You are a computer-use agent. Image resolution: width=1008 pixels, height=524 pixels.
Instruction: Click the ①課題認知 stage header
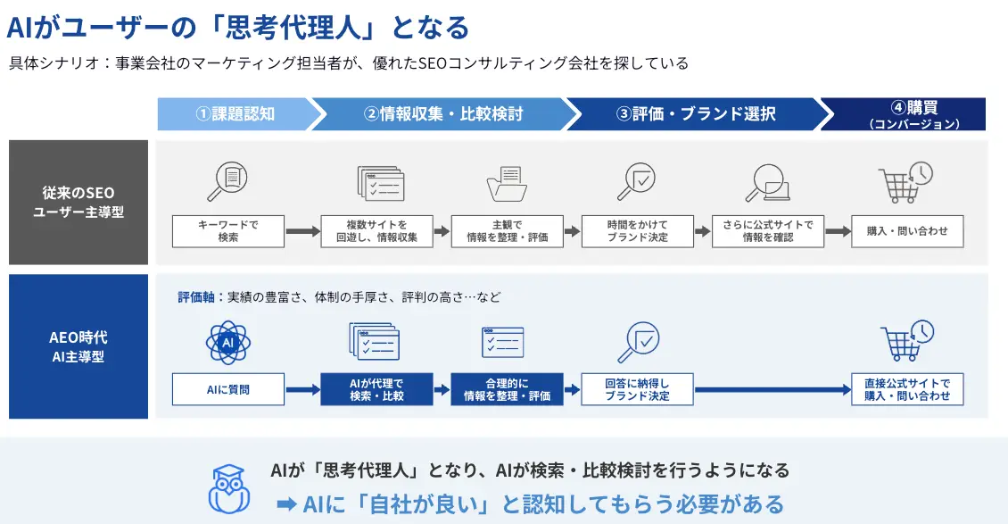pyautogui.click(x=235, y=114)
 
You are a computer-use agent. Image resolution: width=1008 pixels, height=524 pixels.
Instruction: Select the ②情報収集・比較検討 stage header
pyautogui.click(x=443, y=114)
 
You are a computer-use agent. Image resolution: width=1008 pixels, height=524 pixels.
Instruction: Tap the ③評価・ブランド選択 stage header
pyautogui.click(x=696, y=114)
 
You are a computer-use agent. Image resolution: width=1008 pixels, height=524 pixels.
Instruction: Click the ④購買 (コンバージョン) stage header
pyautogui.click(x=905, y=114)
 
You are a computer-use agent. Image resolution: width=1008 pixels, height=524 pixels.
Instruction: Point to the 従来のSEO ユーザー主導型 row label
pyautogui.click(x=78, y=203)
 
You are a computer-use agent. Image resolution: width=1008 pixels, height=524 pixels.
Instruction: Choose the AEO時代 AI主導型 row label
pyautogui.click(x=78, y=346)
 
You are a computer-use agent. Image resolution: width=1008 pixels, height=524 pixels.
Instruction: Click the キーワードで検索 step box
pyautogui.click(x=228, y=231)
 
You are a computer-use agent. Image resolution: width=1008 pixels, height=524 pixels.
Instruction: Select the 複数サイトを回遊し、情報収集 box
pyautogui.click(x=376, y=231)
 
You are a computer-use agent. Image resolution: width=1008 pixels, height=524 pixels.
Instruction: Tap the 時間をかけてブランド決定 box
pyautogui.click(x=638, y=231)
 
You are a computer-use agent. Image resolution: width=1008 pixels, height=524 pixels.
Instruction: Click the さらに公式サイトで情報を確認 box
pyautogui.click(x=768, y=231)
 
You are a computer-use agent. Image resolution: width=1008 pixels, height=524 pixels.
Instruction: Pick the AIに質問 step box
pyautogui.click(x=228, y=389)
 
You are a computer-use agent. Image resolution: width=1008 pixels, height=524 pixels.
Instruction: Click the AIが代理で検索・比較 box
pyautogui.click(x=376, y=389)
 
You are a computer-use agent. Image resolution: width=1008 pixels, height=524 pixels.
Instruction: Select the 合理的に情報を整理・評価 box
pyautogui.click(x=508, y=389)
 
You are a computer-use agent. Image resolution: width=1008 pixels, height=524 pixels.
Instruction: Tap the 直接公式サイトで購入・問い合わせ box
pyautogui.click(x=907, y=389)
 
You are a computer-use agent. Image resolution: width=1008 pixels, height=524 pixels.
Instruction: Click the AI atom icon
pyautogui.click(x=228, y=343)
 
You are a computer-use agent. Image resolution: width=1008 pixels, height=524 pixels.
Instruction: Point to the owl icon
pyautogui.click(x=229, y=489)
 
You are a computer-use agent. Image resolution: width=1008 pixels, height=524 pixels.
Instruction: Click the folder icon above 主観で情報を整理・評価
pyautogui.click(x=508, y=184)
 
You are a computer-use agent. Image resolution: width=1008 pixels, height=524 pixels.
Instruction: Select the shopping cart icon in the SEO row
pyautogui.click(x=905, y=183)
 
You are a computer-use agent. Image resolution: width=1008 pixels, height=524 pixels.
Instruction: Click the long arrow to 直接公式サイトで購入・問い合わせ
pyautogui.click(x=773, y=389)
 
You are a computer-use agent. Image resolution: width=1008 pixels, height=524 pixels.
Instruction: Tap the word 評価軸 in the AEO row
pyautogui.click(x=196, y=297)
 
